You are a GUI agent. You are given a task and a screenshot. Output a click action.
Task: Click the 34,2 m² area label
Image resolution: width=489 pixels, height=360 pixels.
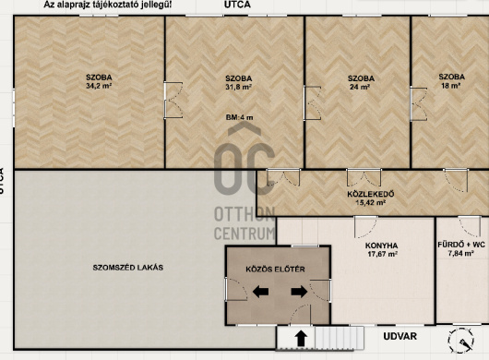pos(99,86)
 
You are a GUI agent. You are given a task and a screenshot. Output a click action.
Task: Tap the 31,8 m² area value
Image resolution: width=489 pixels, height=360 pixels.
pos(239,87)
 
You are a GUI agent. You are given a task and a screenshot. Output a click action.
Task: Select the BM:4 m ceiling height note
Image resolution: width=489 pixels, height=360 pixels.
pos(240,117)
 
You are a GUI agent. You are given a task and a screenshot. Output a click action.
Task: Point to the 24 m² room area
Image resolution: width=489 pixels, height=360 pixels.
pos(360,87)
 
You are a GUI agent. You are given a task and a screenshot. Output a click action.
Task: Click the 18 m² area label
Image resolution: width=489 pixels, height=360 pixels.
pos(451,85)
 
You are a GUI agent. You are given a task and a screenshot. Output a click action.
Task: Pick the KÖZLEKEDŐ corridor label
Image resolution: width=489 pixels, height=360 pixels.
pos(371,194)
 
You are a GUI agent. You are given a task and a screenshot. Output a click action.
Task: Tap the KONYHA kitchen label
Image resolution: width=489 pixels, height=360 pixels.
pos(381,246)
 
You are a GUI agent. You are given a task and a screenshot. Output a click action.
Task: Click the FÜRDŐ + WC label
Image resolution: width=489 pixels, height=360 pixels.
pos(461,245)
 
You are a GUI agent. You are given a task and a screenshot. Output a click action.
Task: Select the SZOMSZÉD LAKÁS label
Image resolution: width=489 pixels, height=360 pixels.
pos(128,268)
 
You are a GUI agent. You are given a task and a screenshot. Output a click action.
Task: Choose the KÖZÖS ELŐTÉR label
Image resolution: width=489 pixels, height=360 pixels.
pos(275,270)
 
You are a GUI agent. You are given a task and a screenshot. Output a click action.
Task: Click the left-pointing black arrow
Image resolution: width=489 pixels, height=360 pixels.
pos(260,292)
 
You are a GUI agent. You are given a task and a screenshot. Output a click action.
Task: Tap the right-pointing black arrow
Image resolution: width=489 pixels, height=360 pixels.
pos(299,292)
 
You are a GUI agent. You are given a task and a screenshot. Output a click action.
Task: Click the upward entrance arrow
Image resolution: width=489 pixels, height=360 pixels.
pos(301,339)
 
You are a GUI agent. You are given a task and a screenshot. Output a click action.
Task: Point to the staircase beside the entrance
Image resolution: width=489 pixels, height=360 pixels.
pos(340,338)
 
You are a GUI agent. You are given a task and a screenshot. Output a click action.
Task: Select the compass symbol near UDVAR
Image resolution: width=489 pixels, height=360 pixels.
pos(461,341)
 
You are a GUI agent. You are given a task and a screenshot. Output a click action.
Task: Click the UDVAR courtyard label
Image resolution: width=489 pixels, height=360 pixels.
pos(400,336)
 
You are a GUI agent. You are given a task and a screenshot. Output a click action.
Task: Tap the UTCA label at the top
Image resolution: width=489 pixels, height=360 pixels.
pos(237,5)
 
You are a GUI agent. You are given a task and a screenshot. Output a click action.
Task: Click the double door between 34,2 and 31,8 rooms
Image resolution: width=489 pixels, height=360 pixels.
pos(173,100)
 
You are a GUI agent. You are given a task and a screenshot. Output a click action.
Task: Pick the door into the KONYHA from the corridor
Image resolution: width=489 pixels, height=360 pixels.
pos(365,226)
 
